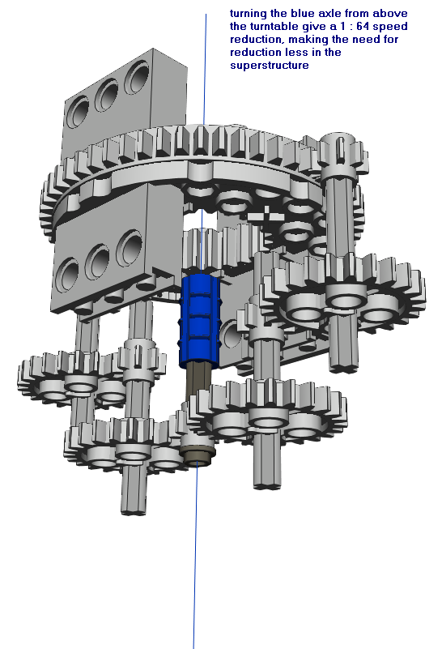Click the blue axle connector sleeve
pyautogui.click(x=199, y=320)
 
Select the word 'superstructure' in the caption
pyautogui.click(x=270, y=66)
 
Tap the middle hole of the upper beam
pyautogui.click(x=106, y=96)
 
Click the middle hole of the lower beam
pyautogui.click(x=97, y=262)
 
